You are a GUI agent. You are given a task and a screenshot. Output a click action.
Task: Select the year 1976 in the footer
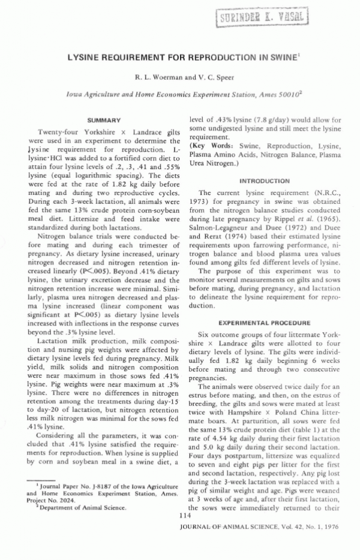click(x=333, y=531)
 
